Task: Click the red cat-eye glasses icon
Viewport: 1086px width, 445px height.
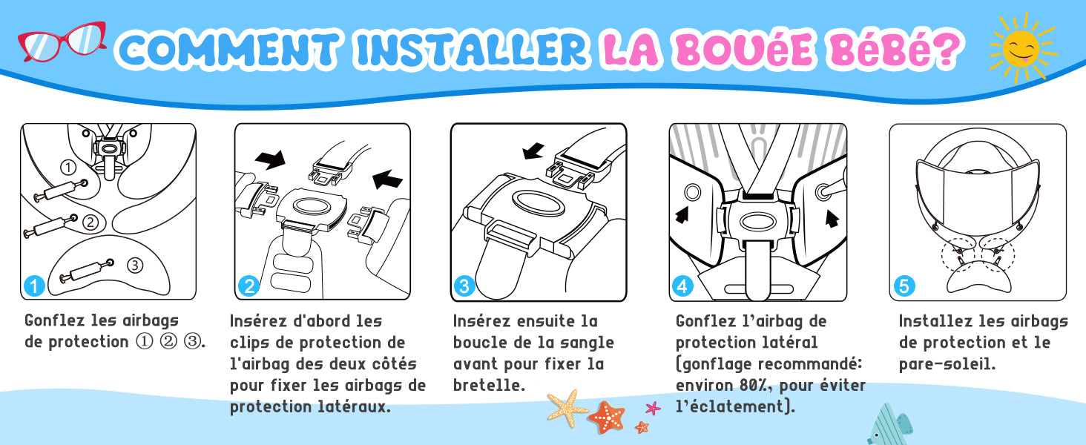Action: [62, 42]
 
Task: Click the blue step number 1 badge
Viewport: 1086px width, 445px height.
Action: [34, 286]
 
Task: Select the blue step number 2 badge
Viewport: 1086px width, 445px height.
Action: [249, 286]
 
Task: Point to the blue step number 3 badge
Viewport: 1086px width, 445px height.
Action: [464, 286]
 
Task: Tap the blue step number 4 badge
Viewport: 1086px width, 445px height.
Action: [682, 286]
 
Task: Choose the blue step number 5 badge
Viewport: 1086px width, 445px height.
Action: [904, 286]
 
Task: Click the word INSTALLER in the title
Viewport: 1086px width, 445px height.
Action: [471, 49]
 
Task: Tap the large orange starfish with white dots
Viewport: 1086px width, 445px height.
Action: [607, 418]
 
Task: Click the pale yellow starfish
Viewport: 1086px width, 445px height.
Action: [567, 408]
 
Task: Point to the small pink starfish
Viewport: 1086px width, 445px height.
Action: [653, 408]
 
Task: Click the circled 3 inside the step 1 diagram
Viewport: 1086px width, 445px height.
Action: [135, 266]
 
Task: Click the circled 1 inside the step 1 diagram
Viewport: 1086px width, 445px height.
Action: [68, 167]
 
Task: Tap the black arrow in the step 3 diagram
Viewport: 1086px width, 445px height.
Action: [534, 151]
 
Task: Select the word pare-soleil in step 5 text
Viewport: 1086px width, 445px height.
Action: [947, 364]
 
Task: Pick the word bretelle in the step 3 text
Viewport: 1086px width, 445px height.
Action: [489, 386]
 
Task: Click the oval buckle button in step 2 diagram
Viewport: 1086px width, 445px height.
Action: [312, 205]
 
